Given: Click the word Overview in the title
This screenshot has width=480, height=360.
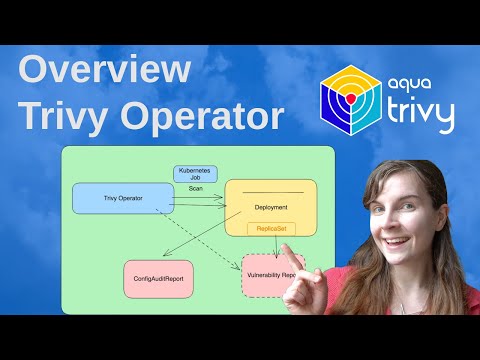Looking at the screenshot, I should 104,72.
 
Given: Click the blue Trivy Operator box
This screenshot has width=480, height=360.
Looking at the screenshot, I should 123,198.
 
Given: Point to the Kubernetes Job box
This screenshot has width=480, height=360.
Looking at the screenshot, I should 195,173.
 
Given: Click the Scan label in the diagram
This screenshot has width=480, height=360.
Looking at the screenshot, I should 195,187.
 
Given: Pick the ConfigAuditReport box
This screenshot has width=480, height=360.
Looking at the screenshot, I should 159,278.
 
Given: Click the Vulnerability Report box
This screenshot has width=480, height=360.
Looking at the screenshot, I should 272,275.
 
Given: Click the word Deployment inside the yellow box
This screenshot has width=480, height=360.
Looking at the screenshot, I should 271,208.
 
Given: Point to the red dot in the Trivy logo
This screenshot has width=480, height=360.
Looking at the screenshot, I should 351,103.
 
